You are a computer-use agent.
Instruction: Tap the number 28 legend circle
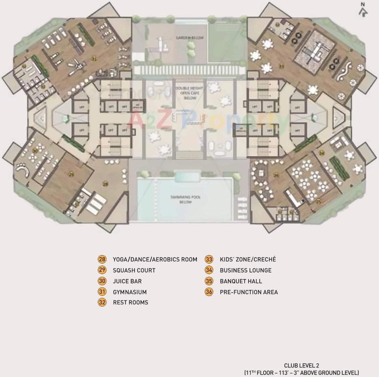point(102,259)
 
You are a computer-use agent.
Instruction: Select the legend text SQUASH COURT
point(134,270)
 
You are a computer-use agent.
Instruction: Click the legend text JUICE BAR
point(127,281)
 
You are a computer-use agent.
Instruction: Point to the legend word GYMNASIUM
point(130,292)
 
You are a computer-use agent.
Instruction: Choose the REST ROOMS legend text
point(130,302)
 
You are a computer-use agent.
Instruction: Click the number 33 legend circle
point(209,259)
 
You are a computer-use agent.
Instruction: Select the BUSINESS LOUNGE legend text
point(245,270)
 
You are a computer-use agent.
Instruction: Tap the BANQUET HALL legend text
point(241,281)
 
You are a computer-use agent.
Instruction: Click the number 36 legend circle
point(209,292)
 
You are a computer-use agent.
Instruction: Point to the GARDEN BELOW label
point(190,38)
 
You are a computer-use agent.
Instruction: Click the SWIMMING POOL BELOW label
point(185,200)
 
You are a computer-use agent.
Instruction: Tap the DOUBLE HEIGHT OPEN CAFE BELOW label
point(190,93)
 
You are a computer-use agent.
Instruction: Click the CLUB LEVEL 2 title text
point(301,365)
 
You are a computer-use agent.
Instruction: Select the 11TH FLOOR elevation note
point(301,372)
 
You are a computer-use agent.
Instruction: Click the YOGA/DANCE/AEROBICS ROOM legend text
point(155,259)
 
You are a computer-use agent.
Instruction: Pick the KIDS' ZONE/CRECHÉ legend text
point(248,259)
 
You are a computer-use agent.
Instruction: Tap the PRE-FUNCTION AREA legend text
point(249,292)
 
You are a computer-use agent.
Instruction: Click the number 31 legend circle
point(102,292)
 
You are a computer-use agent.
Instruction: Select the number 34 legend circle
point(209,270)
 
